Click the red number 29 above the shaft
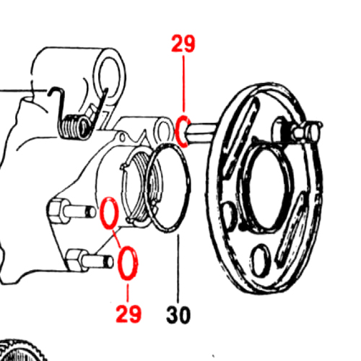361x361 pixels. pos(183,43)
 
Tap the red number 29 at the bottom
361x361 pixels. pos(129,313)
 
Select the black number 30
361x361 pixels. pos(178,315)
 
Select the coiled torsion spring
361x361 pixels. pos(74,126)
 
